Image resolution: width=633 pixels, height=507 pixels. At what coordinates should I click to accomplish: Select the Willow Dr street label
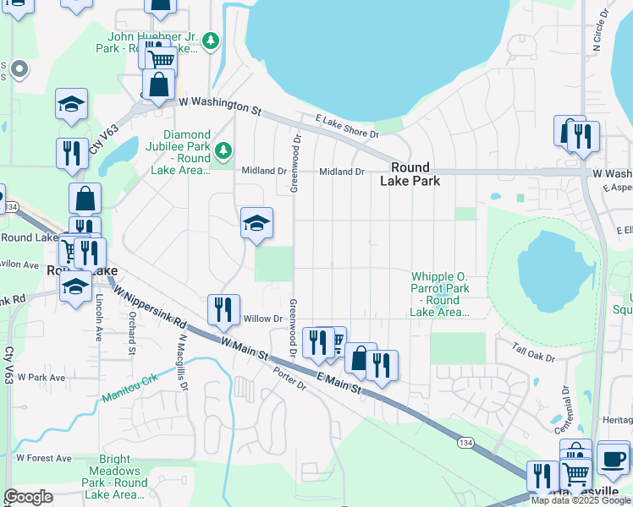[x=261, y=319]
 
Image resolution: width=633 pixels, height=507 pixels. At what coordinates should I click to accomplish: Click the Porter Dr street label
[x=289, y=377]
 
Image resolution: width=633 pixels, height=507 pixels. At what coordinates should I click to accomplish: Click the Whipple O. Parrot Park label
[x=439, y=294]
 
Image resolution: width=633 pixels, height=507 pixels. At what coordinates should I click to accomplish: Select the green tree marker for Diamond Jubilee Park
[x=223, y=151]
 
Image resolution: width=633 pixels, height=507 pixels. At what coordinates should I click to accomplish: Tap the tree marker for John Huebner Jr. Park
[x=212, y=40]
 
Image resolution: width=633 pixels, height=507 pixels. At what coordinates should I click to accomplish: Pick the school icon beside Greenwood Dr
[x=256, y=223]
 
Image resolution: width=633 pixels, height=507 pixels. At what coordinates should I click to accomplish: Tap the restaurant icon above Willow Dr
[x=223, y=309]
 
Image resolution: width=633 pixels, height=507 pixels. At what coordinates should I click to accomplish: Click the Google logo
[x=29, y=497]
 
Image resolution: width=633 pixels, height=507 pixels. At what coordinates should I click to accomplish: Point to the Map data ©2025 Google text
[x=581, y=500]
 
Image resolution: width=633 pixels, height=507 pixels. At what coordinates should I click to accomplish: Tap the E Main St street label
[x=339, y=383]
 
